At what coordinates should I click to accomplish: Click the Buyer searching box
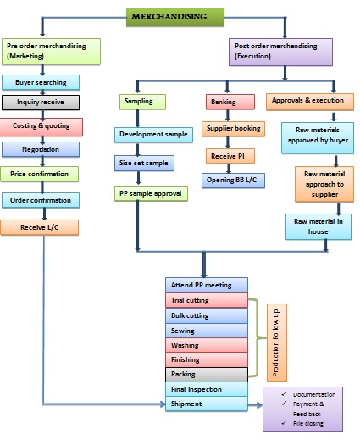(x=47, y=82)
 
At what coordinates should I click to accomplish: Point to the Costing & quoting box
(x=47, y=126)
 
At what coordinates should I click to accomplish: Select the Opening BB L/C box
(x=234, y=180)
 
